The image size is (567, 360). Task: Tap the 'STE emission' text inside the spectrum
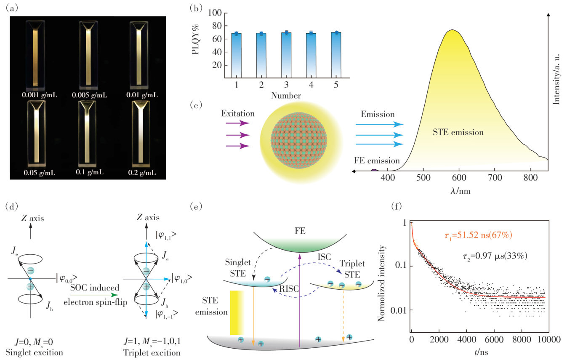coord(458,132)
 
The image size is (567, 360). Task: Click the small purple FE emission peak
coord(374,170)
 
